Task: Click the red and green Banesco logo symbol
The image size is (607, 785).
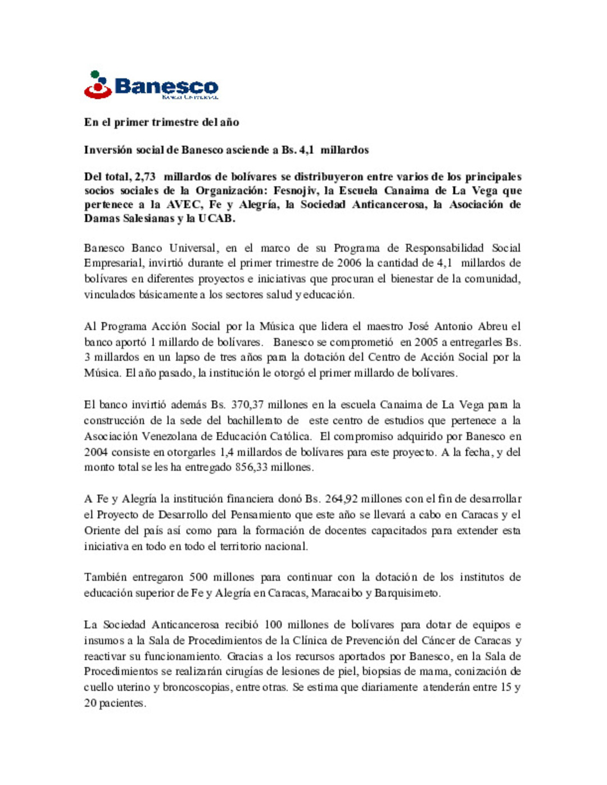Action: (98, 85)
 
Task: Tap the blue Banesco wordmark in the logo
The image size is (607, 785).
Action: (166, 86)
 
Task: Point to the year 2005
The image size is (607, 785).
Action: (426, 342)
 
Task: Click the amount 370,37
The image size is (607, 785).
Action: (246, 405)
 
